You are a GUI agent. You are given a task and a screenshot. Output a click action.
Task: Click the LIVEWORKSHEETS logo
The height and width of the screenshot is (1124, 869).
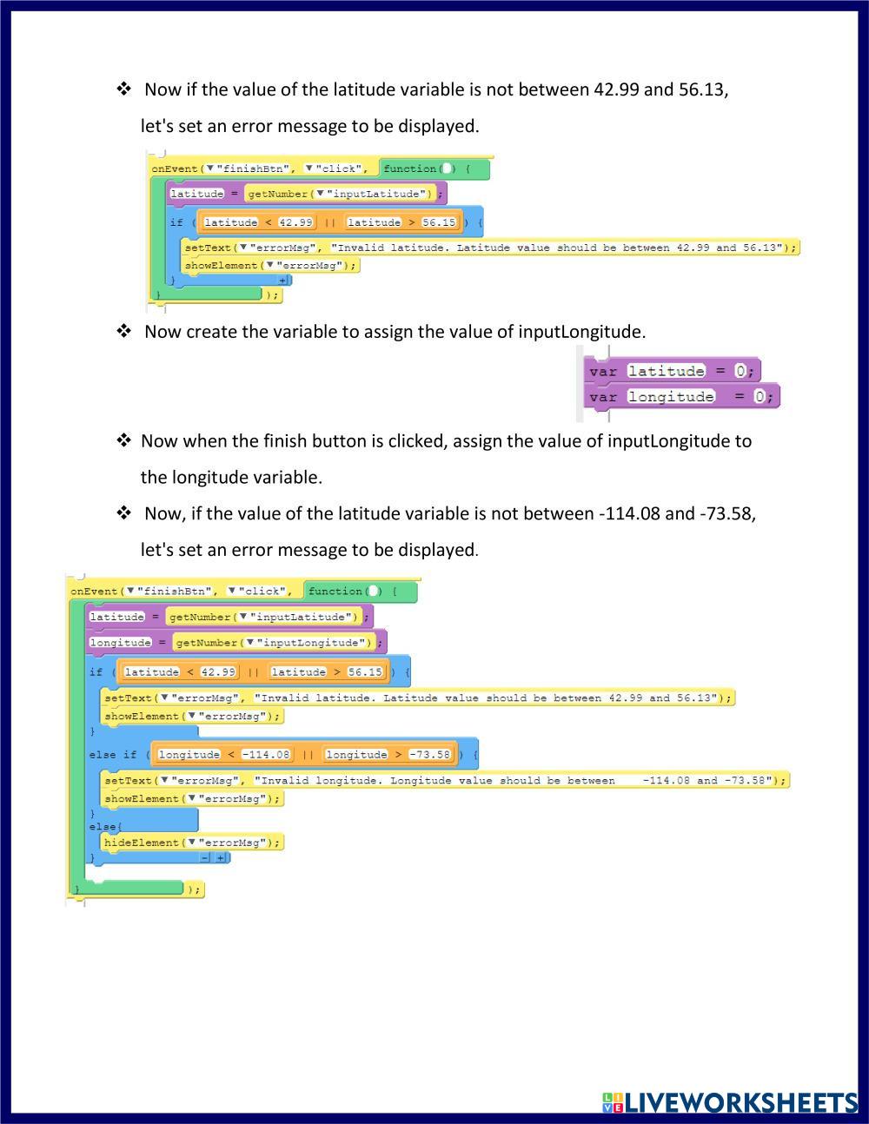point(730,1101)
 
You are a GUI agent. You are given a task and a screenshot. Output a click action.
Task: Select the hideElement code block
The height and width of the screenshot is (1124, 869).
point(192,842)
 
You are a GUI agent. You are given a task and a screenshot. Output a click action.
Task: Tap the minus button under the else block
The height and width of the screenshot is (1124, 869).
point(205,857)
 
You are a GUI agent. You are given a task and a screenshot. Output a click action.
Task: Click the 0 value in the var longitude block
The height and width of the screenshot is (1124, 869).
point(759,397)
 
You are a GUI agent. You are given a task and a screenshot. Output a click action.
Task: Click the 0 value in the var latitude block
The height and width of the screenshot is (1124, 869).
point(740,371)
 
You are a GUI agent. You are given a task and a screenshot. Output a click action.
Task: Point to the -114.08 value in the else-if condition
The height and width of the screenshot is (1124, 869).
point(266,755)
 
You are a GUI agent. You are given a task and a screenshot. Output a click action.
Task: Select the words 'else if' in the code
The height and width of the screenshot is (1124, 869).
point(113,755)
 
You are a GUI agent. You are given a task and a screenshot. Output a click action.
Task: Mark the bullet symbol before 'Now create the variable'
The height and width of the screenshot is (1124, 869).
point(124,331)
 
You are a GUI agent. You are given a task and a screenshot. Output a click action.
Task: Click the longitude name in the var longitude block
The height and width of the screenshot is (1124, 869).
point(671,397)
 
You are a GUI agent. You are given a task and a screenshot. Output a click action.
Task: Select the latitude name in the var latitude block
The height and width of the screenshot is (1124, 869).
point(667,371)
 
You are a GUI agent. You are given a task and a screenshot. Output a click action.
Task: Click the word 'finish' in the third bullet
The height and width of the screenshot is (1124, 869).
point(289,440)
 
